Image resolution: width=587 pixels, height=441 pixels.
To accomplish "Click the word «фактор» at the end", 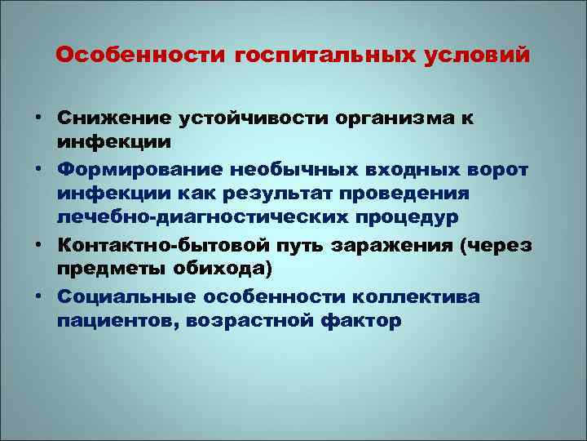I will tap(367, 320).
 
